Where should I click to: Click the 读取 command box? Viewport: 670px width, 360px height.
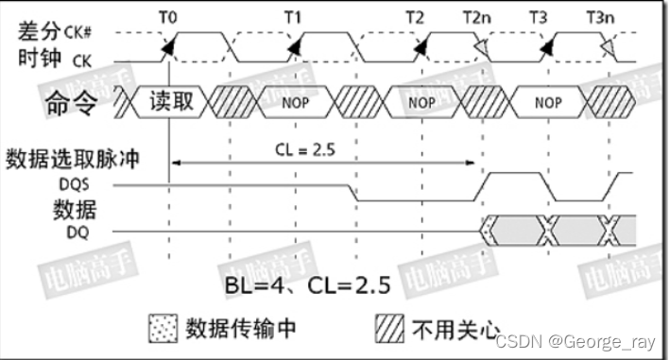click(x=171, y=100)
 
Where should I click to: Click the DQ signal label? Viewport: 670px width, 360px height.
click(x=82, y=228)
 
